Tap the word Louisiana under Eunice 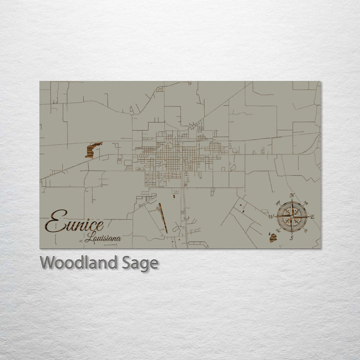point(103,238)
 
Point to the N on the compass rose point(292,195)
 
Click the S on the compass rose point(291,238)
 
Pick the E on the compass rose point(312,217)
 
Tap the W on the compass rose point(270,217)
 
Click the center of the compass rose point(291,216)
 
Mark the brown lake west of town point(92,149)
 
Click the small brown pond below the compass point(273,237)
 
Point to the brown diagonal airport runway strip point(163,218)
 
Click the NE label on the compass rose point(305,202)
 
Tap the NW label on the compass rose point(277,202)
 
